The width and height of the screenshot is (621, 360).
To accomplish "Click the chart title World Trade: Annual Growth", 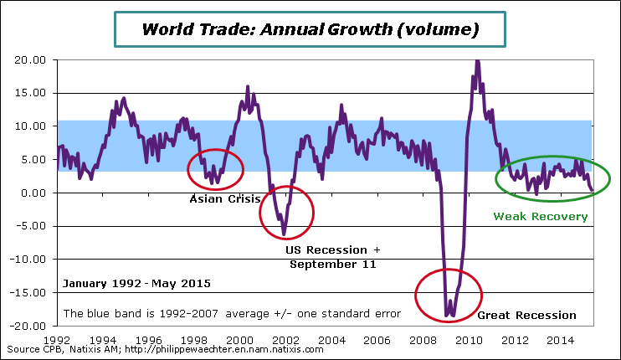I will (310, 30).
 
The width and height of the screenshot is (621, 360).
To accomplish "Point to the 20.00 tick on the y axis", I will (29, 60).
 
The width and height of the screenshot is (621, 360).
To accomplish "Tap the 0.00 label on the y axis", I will (33, 193).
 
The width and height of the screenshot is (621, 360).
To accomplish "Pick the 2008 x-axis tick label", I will (423, 341).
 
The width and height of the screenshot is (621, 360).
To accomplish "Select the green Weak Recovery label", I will (541, 216).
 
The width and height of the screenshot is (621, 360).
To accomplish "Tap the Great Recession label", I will (526, 316).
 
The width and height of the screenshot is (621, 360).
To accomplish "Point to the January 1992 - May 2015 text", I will (135, 284).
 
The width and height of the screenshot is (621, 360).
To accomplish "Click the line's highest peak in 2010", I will (477, 60).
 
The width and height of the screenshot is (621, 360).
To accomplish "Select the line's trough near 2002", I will (284, 234).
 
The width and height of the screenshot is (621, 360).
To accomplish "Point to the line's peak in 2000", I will (248, 86).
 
